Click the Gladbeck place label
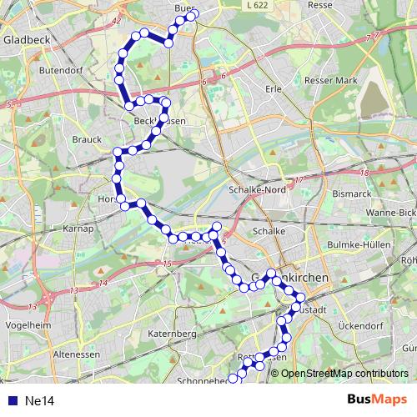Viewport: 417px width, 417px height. click(26, 39)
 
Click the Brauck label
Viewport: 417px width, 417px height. click(86, 139)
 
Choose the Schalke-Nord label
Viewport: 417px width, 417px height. click(257, 189)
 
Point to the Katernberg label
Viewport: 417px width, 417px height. click(171, 334)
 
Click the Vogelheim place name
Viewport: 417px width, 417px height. click(23, 324)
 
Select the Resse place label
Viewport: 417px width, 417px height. click(319, 5)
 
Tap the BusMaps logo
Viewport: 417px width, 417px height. click(377, 400)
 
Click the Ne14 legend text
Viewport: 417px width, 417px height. click(39, 401)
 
